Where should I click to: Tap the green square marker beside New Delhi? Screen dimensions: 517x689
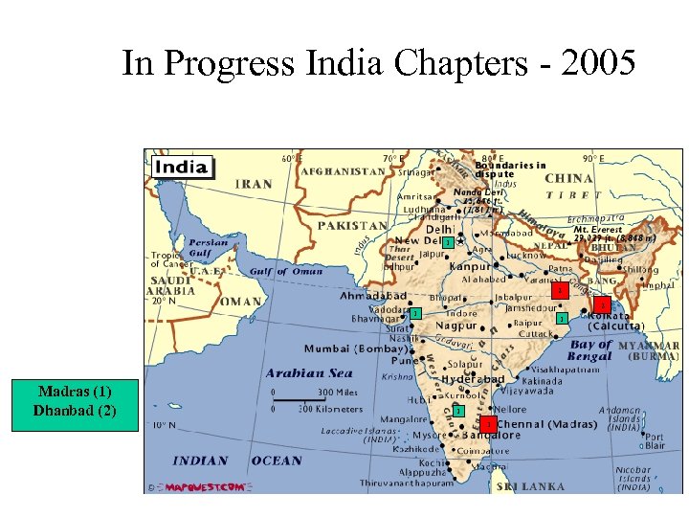point(446,241)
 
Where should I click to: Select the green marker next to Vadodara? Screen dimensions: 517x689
point(415,314)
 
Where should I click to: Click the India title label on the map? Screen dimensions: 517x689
point(182,167)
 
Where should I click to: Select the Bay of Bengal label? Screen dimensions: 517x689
point(590,350)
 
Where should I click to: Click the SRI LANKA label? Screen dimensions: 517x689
point(531,486)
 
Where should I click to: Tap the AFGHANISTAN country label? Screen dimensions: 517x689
point(344,172)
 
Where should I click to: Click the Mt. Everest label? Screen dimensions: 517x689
point(598,230)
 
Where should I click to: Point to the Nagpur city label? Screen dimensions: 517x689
point(456,326)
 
